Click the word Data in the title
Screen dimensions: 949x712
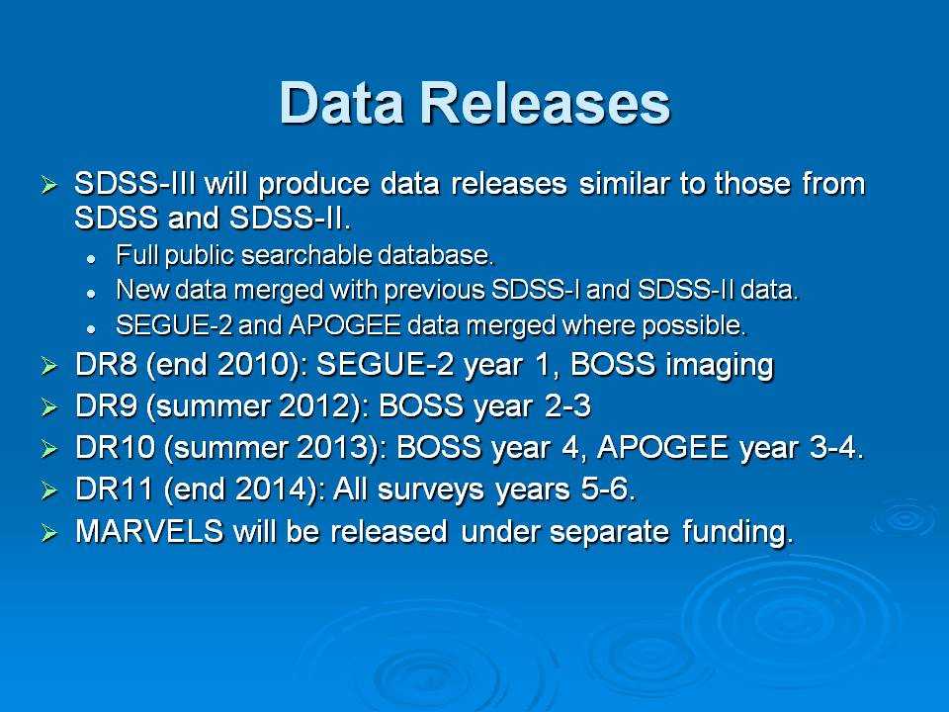click(x=342, y=103)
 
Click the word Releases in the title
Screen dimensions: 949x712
click(x=546, y=103)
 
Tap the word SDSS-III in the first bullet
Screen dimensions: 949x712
click(x=135, y=184)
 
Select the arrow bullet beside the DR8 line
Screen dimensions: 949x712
click(x=49, y=366)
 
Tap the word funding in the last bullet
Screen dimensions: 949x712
click(x=737, y=533)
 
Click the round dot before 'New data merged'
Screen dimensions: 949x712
click(x=91, y=294)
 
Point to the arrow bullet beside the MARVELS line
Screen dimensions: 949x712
click(x=49, y=533)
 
